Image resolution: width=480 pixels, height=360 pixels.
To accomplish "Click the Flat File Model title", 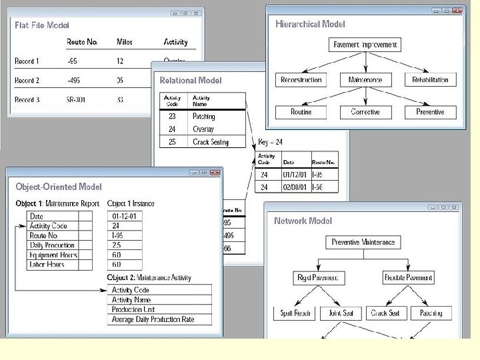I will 42,25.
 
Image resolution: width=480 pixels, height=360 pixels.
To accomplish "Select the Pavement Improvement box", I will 365,45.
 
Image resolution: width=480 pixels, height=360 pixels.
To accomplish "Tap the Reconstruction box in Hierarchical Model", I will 301,80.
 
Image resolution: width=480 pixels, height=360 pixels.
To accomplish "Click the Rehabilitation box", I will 430,80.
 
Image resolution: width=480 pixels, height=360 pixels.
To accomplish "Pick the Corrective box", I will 365,112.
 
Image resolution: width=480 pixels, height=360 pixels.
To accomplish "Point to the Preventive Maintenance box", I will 363,243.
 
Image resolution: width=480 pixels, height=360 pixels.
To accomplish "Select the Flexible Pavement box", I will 409,277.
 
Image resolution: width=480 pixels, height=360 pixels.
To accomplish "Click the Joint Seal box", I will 341,313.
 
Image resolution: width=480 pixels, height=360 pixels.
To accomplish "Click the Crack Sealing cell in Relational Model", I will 210,142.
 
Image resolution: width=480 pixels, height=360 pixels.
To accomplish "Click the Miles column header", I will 124,42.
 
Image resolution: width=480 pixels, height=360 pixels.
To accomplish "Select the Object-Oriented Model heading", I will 59,187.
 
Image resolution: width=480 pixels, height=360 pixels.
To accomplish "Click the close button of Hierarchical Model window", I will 457,11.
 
